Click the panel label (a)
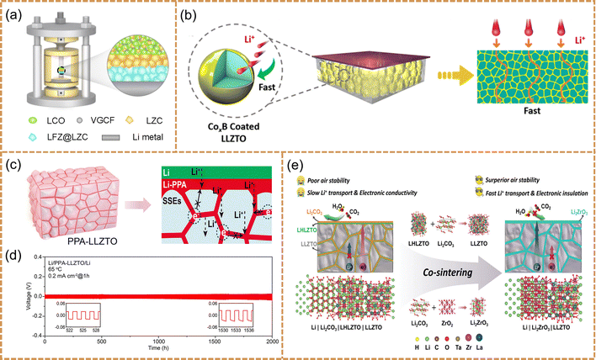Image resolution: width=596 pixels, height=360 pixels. [x=17, y=14]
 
